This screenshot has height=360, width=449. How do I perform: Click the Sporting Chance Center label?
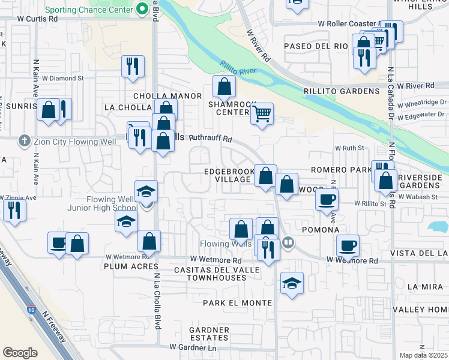(89, 9)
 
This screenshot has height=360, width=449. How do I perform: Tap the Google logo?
(20, 353)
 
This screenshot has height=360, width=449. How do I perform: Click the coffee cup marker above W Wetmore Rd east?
(348, 245)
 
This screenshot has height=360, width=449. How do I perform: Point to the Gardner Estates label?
(209, 334)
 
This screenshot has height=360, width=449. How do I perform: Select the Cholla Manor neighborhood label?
(158, 95)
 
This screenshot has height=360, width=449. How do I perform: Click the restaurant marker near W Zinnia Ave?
(11, 211)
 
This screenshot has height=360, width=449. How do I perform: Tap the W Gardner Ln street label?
(192, 347)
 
